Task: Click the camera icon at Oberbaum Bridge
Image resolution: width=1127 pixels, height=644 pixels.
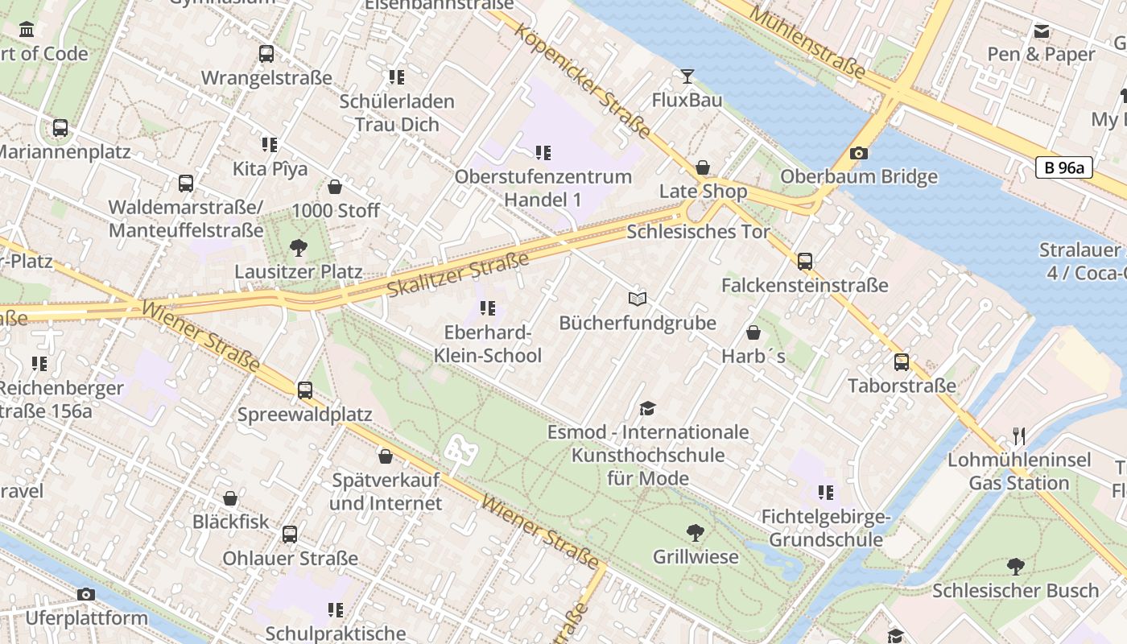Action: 859,153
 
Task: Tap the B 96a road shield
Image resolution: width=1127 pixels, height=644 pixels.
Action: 1063,167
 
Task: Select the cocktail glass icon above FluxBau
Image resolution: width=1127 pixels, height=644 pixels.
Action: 687,76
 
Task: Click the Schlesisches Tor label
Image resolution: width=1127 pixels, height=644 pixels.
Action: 698,232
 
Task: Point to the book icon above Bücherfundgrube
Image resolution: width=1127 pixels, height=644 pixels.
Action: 638,299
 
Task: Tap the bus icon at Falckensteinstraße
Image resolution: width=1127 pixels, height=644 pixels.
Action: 804,261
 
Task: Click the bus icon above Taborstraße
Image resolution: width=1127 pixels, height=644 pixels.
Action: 902,361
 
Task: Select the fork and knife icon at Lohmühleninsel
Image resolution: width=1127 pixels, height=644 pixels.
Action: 1019,436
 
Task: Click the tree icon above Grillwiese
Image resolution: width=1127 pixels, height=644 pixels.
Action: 695,532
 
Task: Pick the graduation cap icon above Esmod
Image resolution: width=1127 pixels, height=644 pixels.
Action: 648,409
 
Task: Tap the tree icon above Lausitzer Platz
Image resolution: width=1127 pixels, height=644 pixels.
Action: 298,247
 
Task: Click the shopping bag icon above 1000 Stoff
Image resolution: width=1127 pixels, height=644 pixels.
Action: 335,187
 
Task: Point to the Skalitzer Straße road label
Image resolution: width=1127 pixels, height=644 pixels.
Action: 458,274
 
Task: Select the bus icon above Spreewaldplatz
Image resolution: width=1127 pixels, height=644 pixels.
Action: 304,390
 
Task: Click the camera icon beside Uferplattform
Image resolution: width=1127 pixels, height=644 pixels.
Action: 86,594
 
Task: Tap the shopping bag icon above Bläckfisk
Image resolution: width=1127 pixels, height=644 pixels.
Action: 230,498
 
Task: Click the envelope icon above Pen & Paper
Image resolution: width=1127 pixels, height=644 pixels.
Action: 1042,31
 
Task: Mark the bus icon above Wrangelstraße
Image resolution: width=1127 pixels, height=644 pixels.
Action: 266,54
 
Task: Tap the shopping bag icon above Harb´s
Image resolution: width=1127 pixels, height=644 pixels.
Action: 753,332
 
